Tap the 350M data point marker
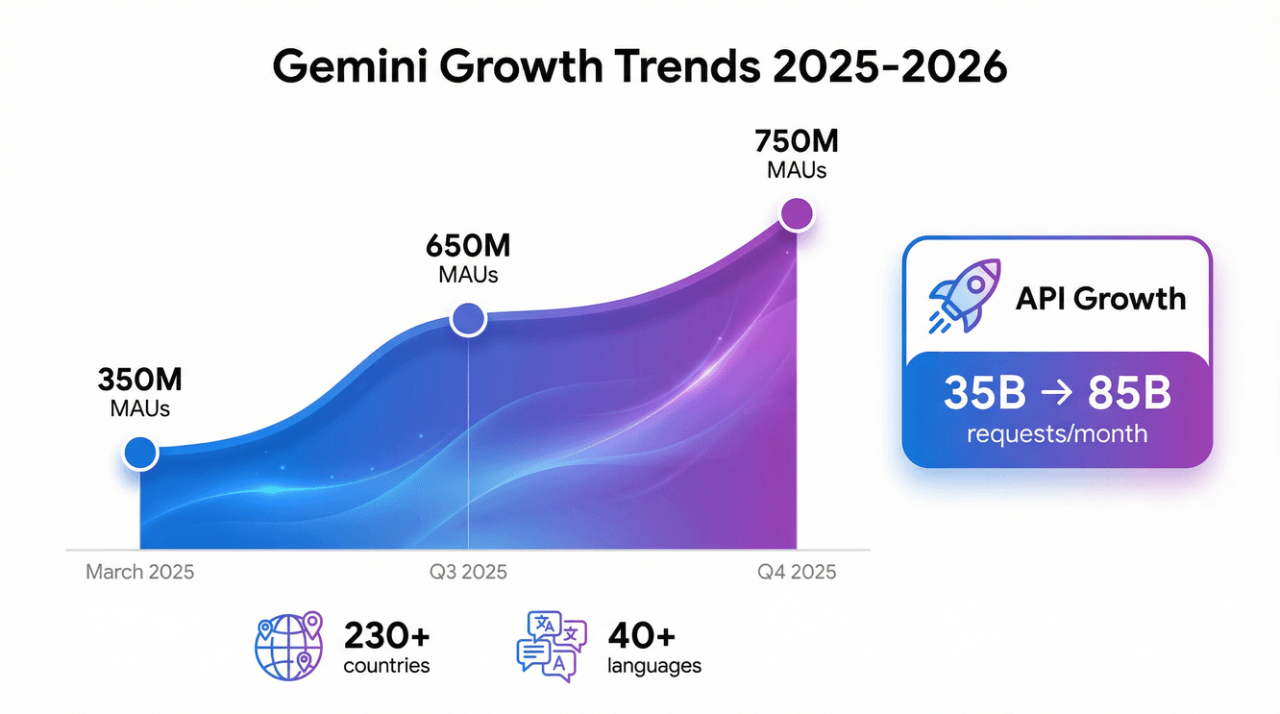point(141,453)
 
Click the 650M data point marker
point(469,318)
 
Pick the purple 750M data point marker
point(797,213)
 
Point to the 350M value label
point(140,381)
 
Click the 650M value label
point(468,246)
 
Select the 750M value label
point(797,142)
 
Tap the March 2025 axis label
point(140,573)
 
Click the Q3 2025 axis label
point(468,573)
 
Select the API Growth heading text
point(1100,298)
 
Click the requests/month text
point(1057,433)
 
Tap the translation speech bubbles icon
point(551,648)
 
